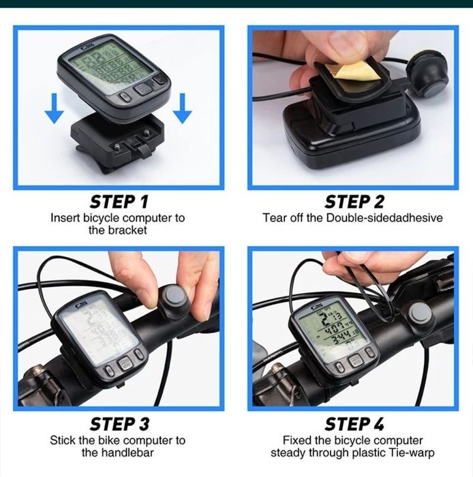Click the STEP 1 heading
[119, 202]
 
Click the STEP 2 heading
[354, 202]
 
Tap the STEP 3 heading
[119, 424]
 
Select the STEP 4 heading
[354, 424]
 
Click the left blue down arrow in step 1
[55, 108]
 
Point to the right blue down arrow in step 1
[182, 108]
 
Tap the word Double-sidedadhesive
[384, 218]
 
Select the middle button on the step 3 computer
[125, 363]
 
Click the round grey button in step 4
[420, 315]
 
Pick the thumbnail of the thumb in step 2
[348, 46]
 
